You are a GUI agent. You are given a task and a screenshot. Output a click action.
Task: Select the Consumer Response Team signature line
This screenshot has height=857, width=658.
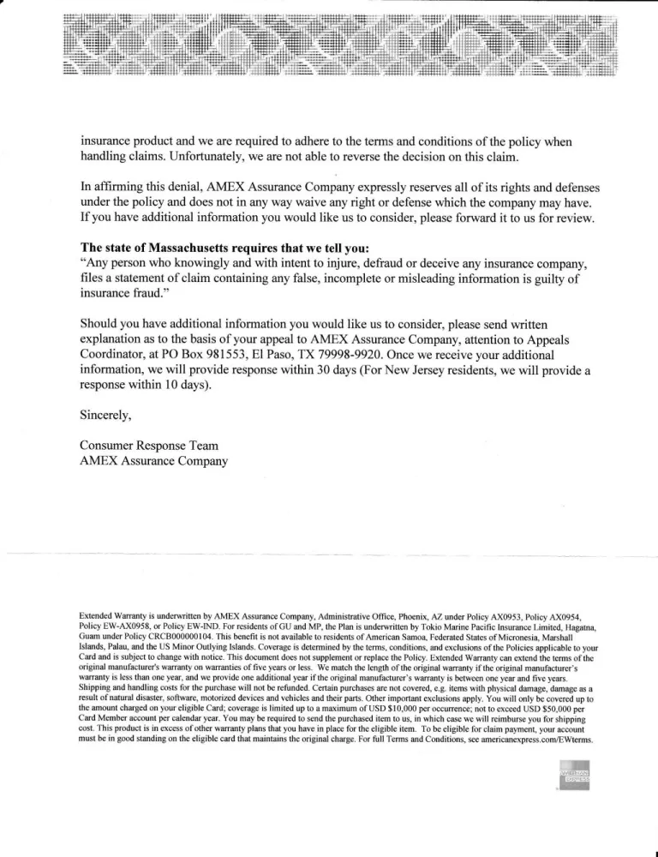(148, 446)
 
